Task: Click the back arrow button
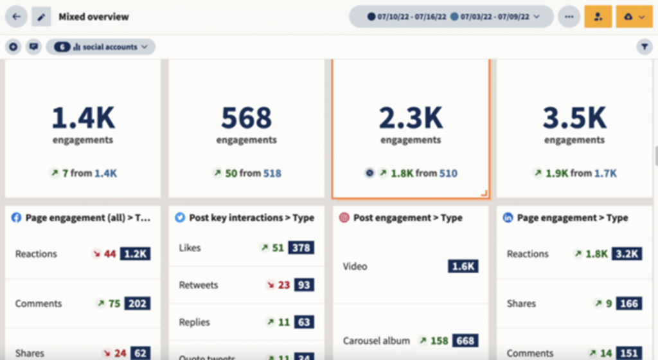(x=16, y=17)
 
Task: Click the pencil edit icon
(x=41, y=17)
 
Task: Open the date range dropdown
(x=451, y=17)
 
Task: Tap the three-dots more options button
(x=568, y=17)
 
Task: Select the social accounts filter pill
(x=100, y=47)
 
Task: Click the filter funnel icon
(x=645, y=47)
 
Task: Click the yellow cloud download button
(x=634, y=17)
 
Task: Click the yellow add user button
(x=598, y=17)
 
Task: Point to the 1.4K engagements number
(x=83, y=118)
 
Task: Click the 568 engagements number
(x=247, y=118)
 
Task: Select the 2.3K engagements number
(x=411, y=118)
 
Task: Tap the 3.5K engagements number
(x=574, y=118)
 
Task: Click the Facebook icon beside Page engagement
(x=17, y=218)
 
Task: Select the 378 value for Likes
(x=301, y=248)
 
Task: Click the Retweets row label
(x=199, y=285)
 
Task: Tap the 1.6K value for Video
(x=463, y=266)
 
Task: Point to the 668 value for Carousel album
(x=465, y=341)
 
